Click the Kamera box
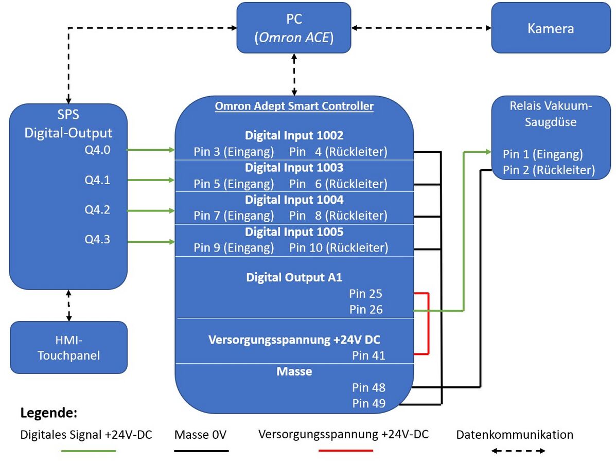coord(551,28)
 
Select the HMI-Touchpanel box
coord(68,347)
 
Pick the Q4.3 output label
coord(97,239)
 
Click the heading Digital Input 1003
coord(294,168)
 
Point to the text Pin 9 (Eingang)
coord(234,248)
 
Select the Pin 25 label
coord(365,294)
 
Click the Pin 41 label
coord(368,355)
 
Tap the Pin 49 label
coord(368,403)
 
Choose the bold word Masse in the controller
coord(294,371)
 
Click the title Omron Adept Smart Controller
coord(294,106)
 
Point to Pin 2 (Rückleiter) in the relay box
coord(549,170)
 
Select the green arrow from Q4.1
coord(150,180)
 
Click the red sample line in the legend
coord(345,451)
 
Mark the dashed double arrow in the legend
coord(518,451)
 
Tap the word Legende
coord(49,413)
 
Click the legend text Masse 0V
coord(201,435)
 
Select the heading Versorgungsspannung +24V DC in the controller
coord(294,340)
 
